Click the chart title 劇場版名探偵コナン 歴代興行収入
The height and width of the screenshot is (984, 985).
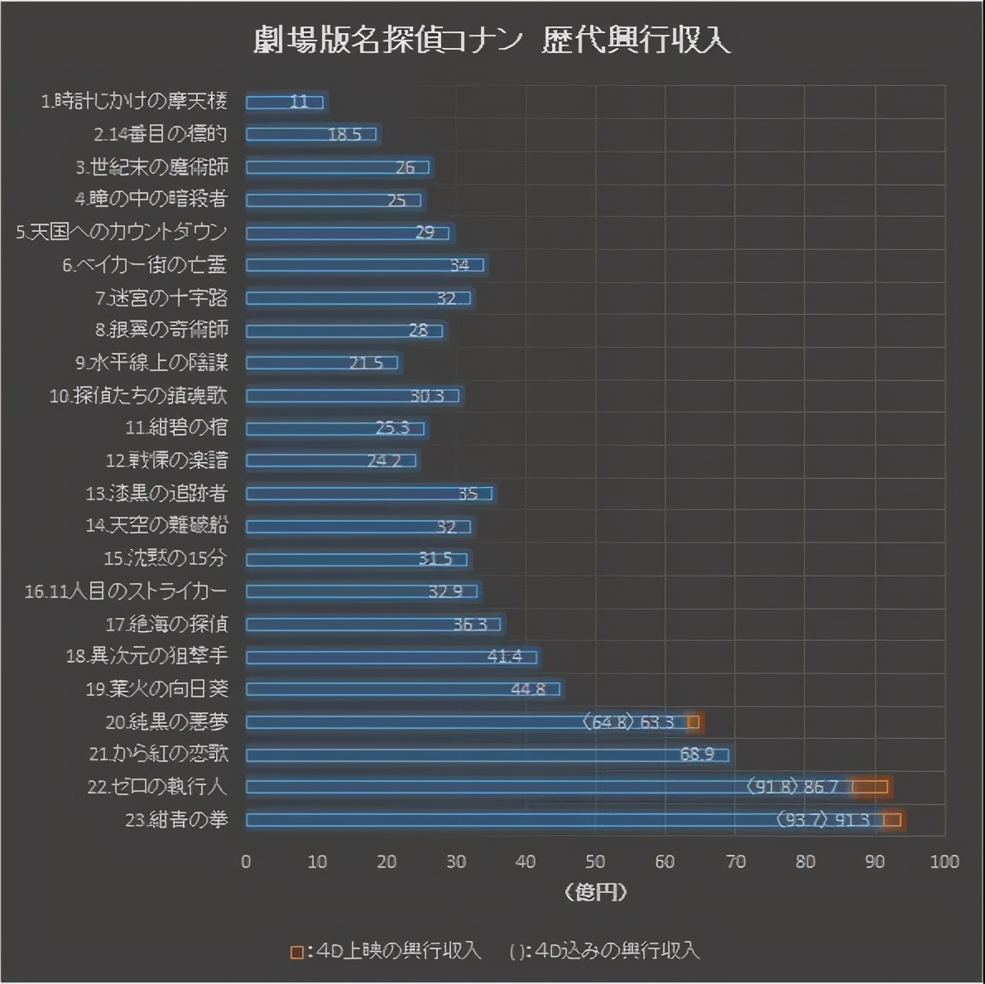[492, 40]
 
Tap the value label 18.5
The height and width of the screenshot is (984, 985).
[344, 134]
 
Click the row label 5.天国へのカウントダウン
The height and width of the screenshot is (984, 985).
[122, 232]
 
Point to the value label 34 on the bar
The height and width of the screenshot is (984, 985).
[459, 265]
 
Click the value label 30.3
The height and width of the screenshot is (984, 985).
[427, 396]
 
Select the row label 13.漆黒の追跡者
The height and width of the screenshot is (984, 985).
[156, 494]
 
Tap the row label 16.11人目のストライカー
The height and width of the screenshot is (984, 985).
[126, 591]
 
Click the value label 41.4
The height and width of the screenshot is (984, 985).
[504, 657]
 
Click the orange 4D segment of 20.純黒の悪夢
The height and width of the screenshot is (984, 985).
[694, 722]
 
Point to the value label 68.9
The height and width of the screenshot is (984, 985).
[697, 755]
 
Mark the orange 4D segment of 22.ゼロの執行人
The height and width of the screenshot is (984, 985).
[871, 787]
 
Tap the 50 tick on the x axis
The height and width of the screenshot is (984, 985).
[595, 861]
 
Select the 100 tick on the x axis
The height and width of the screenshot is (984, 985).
[944, 861]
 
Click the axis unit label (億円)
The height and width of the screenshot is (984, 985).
[595, 891]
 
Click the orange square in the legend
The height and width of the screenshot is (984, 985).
[296, 952]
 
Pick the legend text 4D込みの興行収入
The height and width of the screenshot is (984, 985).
[617, 951]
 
